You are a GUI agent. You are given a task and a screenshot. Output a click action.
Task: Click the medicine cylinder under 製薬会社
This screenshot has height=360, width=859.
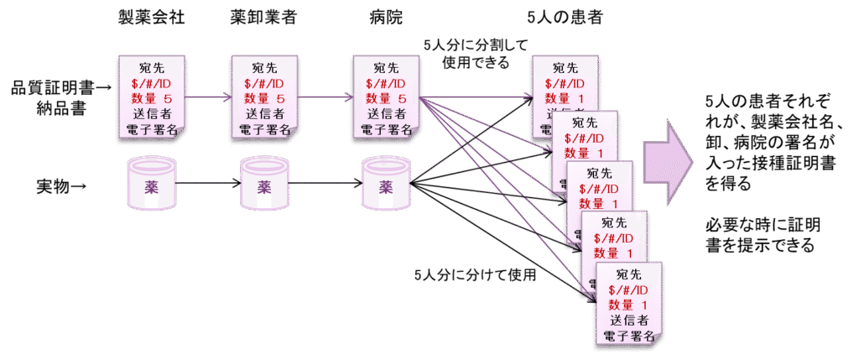pyautogui.click(x=151, y=184)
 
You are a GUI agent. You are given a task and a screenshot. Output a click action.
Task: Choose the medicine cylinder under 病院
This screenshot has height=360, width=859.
pyautogui.click(x=385, y=184)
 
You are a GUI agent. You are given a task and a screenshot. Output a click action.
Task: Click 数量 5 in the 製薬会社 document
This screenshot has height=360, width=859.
pyautogui.click(x=151, y=99)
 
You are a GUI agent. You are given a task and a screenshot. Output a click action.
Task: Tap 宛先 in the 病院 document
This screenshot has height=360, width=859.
pyautogui.click(x=385, y=68)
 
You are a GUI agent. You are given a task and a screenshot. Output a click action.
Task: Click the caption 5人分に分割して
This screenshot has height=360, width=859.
pyautogui.click(x=476, y=45)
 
